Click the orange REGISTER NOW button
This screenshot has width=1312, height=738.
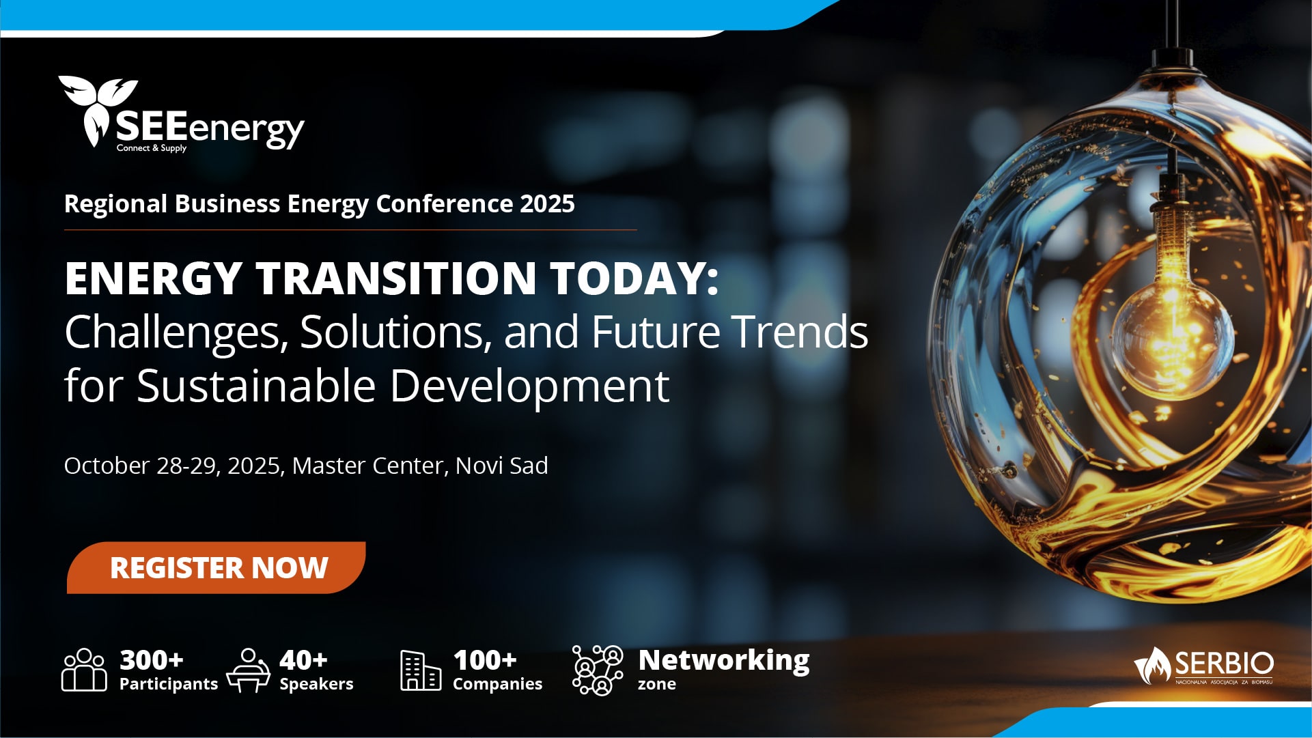[216, 567]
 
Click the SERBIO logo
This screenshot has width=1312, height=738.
[1203, 666]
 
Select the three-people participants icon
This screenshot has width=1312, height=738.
[84, 670]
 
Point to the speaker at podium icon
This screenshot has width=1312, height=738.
[249, 670]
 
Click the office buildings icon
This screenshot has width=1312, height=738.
[421, 670]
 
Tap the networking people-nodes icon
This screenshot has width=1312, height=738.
[598, 670]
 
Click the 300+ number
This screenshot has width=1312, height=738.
[152, 660]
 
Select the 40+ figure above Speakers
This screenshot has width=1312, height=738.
[303, 660]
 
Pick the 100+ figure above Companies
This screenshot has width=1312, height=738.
[485, 660]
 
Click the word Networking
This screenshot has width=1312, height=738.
[724, 661]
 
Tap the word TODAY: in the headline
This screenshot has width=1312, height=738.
[635, 278]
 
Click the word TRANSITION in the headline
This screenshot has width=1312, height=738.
[396, 278]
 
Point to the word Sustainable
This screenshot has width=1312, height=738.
[256, 386]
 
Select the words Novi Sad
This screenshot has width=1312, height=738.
[502, 466]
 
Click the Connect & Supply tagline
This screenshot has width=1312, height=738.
[152, 148]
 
